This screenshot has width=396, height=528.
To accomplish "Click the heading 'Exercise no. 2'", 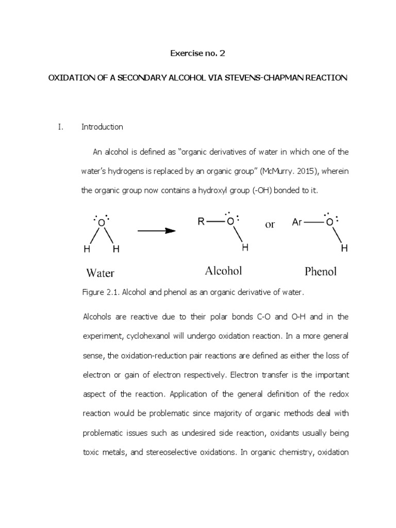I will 198,53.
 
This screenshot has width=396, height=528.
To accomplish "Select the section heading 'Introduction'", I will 102,127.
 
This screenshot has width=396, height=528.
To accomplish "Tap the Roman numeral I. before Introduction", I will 60,127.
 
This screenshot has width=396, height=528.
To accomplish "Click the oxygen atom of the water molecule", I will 102,223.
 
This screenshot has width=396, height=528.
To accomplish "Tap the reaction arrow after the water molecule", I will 156,230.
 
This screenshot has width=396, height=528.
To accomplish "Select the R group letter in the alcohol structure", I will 202,222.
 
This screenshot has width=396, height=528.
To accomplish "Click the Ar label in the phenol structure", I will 297,222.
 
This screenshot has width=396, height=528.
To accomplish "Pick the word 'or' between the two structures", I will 270,224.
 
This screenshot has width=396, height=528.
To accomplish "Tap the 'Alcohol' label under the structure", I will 223,271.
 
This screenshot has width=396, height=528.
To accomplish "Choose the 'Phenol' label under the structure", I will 320,271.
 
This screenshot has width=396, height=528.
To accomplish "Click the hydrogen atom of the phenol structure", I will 344,249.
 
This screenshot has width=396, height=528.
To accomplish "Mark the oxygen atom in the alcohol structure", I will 230,222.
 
